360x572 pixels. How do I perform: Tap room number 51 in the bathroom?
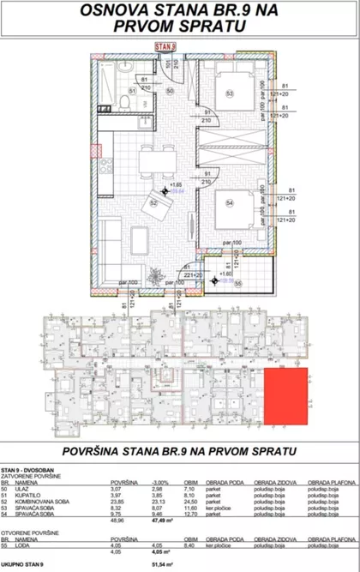tap(131, 89)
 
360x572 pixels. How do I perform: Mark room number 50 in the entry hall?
tap(170, 90)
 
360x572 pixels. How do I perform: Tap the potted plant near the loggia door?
tap(155, 274)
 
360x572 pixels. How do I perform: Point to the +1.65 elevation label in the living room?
tap(176, 184)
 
